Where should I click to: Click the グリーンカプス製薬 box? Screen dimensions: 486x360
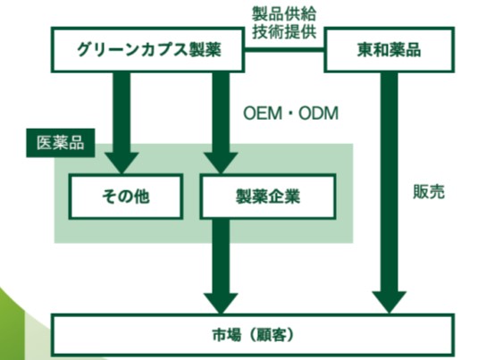(147, 50)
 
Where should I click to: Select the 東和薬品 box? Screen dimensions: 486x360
(390, 50)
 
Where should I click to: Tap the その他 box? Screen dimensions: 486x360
(126, 197)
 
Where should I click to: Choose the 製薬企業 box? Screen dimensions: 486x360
(268, 197)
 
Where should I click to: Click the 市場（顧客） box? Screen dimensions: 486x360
(253, 335)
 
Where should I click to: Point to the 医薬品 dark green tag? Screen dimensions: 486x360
(61, 143)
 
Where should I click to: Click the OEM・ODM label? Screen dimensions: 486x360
(290, 113)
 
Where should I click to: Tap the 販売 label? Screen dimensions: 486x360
(429, 191)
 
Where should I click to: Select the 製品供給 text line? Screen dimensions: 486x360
(284, 13)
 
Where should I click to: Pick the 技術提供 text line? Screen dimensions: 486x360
(284, 31)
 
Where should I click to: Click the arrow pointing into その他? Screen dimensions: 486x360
(121, 122)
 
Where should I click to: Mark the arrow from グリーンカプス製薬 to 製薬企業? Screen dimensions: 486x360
(221, 122)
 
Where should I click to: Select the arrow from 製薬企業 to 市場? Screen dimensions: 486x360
(221, 266)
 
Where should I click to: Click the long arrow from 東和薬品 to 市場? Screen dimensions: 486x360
(390, 193)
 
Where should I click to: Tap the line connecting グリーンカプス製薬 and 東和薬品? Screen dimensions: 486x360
(284, 49)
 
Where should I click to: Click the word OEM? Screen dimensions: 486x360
(263, 113)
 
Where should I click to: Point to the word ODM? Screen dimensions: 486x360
(319, 113)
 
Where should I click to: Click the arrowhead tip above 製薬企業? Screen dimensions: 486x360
(221, 173)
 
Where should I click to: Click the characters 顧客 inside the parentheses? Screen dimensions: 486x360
(268, 335)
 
